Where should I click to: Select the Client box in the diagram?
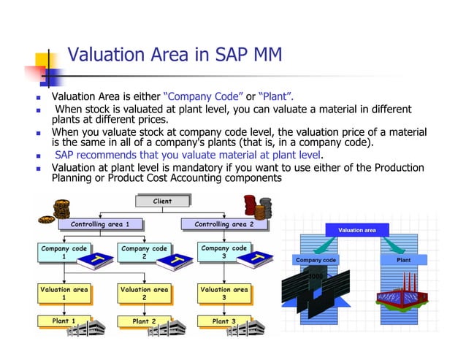click(162, 201)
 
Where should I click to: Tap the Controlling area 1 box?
click(99, 224)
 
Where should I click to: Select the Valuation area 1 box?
click(64, 294)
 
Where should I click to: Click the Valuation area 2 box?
click(144, 294)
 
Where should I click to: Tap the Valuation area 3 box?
click(224, 294)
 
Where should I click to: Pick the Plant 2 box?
click(144, 321)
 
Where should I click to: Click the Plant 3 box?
click(224, 321)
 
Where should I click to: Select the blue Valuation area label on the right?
click(357, 230)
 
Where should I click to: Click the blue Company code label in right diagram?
click(316, 260)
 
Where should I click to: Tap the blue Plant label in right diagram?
click(403, 260)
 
